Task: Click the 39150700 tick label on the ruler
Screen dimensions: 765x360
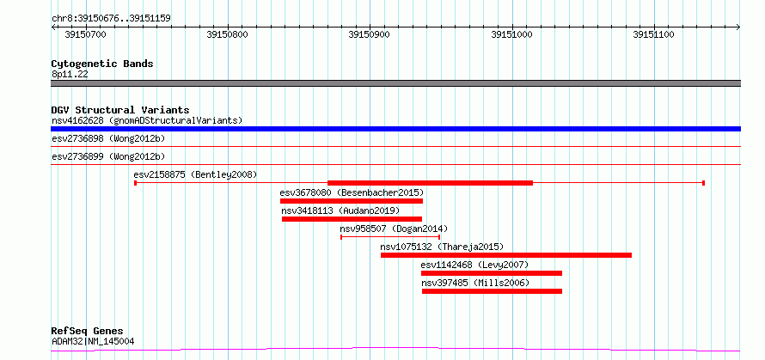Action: tap(85, 34)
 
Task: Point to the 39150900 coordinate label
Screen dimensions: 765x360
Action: tap(370, 34)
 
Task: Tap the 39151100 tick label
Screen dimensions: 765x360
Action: tap(653, 34)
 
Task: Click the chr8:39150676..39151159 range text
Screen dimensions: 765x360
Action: tap(111, 19)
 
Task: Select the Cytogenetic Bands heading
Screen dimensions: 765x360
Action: tap(102, 64)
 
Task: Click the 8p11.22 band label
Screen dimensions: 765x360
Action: tap(70, 75)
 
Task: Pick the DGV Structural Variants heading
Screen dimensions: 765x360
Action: tap(120, 110)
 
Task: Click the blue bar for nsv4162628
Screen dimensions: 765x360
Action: tap(395, 129)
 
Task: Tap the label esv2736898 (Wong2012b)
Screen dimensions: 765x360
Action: tap(108, 138)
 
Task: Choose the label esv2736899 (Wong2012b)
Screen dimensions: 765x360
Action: tap(108, 156)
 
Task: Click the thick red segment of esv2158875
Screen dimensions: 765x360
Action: tap(430, 183)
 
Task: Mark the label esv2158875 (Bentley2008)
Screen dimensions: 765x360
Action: tap(195, 174)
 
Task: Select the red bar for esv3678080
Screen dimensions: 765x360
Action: tap(352, 201)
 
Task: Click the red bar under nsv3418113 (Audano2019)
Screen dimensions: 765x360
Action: tap(352, 219)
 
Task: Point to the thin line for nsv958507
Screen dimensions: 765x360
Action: tap(390, 237)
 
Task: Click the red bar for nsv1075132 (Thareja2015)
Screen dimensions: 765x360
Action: tap(506, 255)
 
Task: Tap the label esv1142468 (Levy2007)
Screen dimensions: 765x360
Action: tap(474, 265)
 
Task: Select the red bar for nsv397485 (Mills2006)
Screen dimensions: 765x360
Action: tap(492, 291)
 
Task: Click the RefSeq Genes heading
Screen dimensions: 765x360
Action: tap(88, 332)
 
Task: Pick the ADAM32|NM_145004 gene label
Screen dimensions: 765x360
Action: tap(93, 341)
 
